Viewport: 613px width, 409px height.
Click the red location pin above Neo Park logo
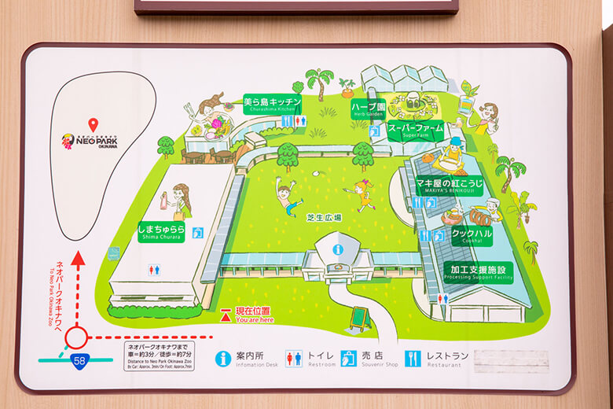(93, 124)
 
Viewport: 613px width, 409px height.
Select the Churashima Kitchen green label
(273, 104)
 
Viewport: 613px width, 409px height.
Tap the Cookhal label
(471, 234)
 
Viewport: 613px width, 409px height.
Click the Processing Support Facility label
(478, 271)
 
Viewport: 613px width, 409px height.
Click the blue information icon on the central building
(338, 249)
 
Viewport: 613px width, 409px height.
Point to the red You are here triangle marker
(226, 315)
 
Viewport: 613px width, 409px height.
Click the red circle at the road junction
(76, 338)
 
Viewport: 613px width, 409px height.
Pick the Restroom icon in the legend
(294, 359)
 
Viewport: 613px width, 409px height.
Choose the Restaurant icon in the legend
(415, 359)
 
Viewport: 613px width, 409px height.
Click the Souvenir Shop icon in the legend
(349, 359)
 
